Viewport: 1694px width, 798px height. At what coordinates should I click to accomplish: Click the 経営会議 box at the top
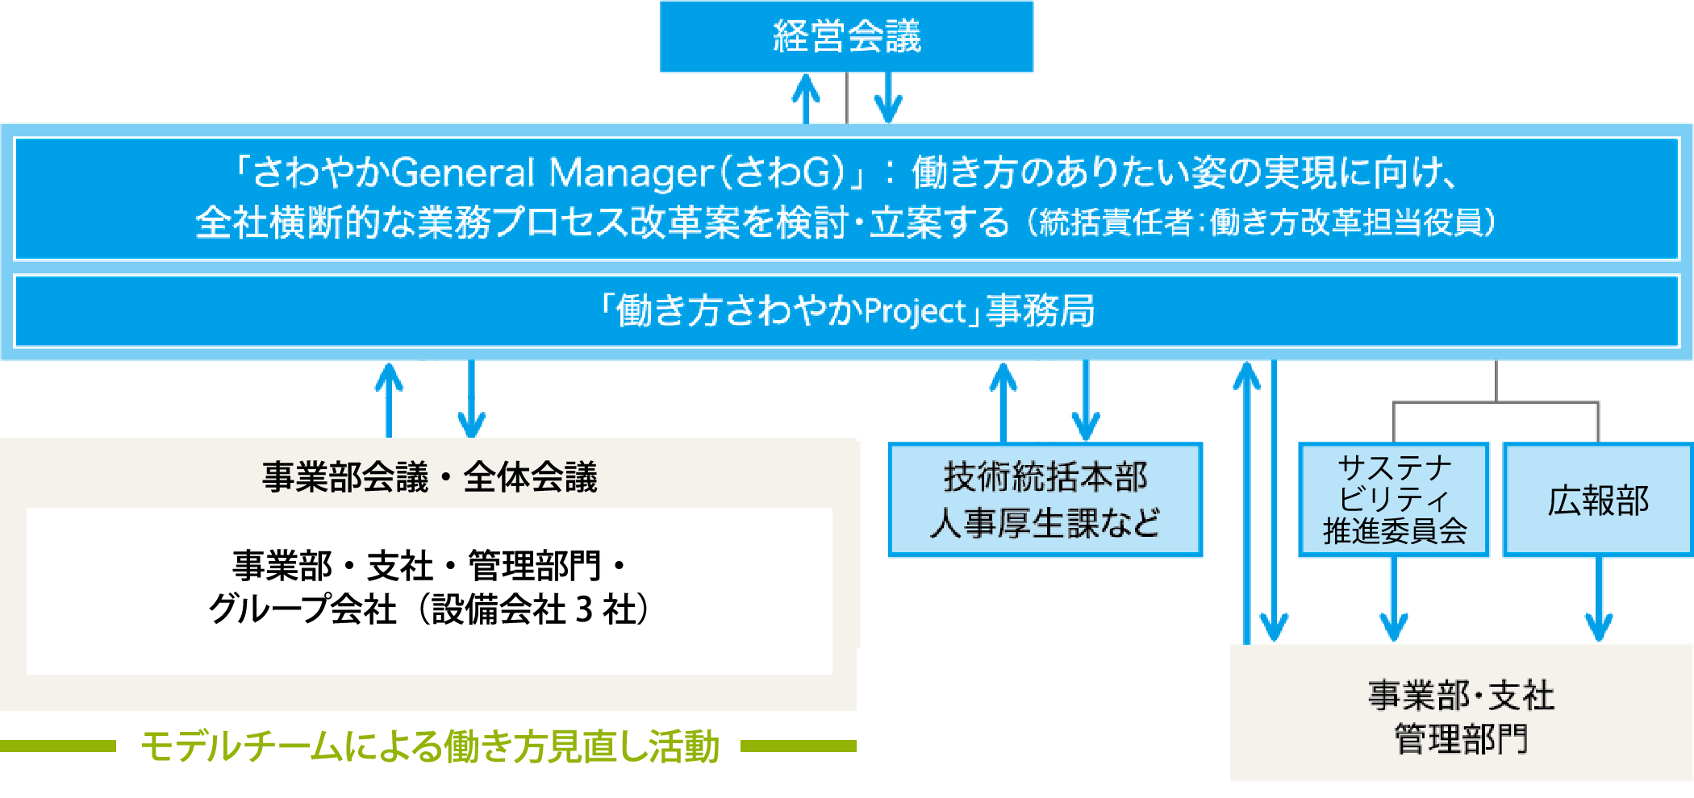tap(846, 36)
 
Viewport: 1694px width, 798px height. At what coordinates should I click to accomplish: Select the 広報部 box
tap(1598, 500)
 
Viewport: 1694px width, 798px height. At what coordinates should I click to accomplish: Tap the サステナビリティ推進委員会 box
tap(1394, 500)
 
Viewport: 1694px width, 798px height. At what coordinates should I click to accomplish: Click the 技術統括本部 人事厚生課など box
tap(1045, 500)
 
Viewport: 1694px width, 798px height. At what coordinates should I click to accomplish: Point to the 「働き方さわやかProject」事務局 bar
tap(847, 311)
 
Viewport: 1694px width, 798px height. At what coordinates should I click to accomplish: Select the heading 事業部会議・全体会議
tap(429, 477)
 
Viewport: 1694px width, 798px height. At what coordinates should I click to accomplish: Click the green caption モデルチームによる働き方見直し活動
tap(429, 746)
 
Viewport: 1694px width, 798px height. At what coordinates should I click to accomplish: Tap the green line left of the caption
tap(58, 746)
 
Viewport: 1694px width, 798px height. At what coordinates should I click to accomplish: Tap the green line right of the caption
tap(799, 746)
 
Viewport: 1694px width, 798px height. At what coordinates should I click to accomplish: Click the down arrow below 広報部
tap(1599, 599)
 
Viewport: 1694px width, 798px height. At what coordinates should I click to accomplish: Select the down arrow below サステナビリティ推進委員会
tap(1394, 599)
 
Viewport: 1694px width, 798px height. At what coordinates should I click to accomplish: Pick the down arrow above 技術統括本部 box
tap(1086, 401)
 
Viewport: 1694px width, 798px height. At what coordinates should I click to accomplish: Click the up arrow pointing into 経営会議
tap(806, 98)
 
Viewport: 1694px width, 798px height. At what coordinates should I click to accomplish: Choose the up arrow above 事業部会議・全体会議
tap(390, 401)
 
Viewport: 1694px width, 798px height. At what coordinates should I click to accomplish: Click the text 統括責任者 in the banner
tap(1116, 222)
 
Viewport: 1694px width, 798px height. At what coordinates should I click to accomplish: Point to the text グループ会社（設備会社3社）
tap(429, 609)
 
